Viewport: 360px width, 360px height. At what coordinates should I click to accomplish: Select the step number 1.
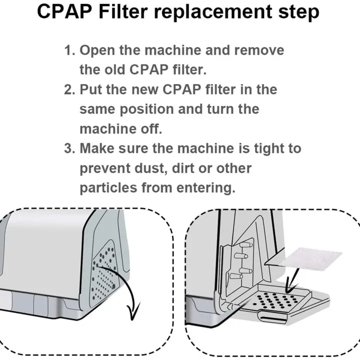click(69, 50)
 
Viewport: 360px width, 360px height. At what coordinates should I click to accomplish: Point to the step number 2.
click(69, 90)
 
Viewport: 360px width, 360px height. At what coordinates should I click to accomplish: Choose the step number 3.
click(69, 148)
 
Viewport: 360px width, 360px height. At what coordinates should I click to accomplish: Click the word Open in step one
click(98, 50)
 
